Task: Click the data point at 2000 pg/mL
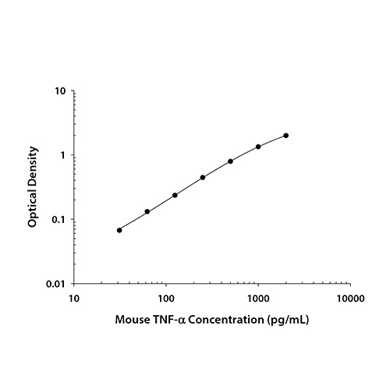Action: pos(286,136)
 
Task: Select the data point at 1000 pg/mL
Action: pos(258,147)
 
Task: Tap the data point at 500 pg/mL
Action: pos(231,161)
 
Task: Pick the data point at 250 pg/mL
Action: pos(203,178)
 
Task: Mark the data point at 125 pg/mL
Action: pos(175,195)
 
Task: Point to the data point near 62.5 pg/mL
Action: pos(147,211)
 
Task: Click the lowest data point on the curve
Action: pos(119,230)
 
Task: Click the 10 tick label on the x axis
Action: pos(73,298)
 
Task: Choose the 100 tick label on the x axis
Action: pos(165,298)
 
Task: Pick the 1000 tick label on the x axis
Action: pos(258,298)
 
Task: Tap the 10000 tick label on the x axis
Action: pos(350,298)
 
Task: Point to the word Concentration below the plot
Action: pos(232,320)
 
